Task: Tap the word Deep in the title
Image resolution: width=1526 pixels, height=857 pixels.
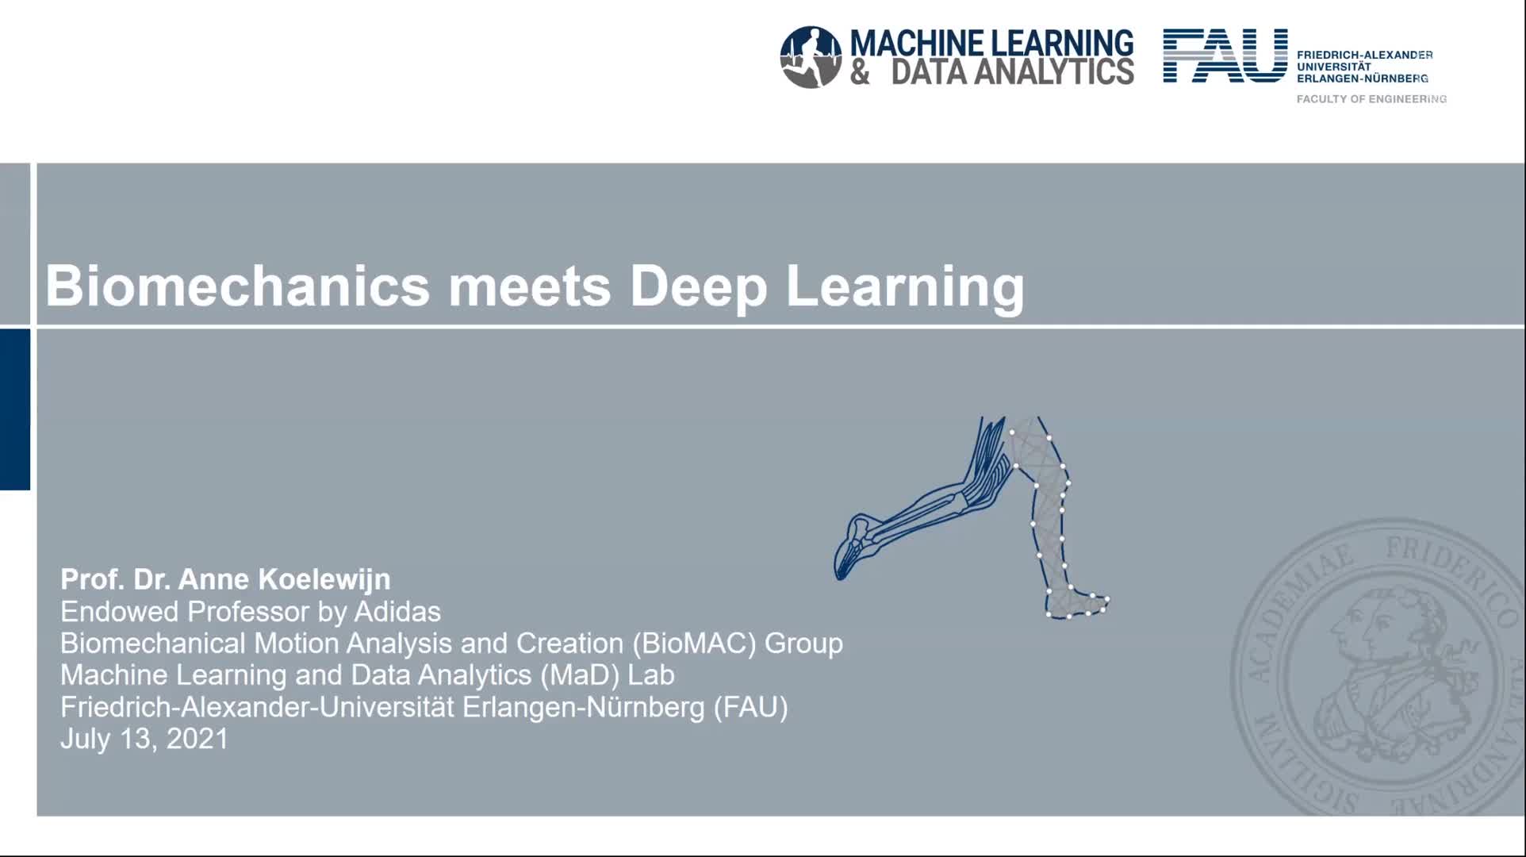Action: click(699, 287)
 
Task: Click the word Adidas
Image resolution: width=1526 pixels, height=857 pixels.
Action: click(397, 612)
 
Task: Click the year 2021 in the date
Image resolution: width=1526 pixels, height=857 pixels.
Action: click(197, 739)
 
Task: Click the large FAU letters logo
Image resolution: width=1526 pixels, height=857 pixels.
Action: click(1225, 56)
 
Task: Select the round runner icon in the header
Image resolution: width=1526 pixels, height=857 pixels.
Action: click(811, 56)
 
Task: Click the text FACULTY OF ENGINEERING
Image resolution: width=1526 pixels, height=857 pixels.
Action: click(1371, 99)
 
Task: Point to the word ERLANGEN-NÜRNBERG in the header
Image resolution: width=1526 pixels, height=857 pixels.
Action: click(1363, 79)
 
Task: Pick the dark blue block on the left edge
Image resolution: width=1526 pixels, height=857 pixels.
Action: click(15, 409)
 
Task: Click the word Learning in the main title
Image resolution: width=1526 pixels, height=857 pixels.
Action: click(905, 287)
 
